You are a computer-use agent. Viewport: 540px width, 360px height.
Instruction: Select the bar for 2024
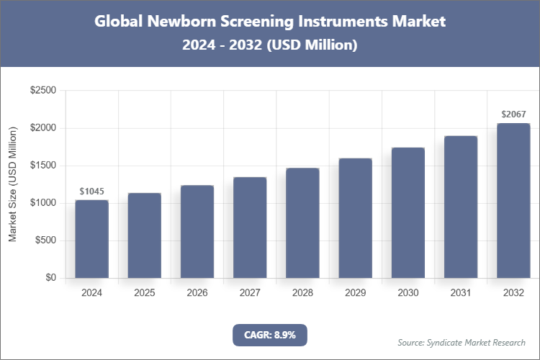point(92,239)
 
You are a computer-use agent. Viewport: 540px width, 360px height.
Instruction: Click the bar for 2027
point(250,228)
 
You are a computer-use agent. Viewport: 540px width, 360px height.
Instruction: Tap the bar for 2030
point(408,213)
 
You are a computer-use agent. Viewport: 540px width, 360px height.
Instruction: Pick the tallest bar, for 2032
point(513,201)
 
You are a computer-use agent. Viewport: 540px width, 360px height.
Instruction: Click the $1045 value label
point(92,192)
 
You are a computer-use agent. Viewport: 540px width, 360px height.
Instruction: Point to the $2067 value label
point(513,114)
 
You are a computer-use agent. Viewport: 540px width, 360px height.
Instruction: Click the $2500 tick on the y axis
point(42,91)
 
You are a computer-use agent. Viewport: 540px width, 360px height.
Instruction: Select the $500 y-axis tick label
point(45,240)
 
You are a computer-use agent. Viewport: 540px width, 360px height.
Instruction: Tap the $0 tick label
point(50,278)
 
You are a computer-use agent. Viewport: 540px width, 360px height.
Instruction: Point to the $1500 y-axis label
point(42,166)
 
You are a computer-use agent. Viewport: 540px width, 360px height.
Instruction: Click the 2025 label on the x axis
point(145,293)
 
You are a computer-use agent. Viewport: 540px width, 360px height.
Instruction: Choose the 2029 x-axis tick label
point(355,293)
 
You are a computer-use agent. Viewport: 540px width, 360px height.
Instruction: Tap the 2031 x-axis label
point(461,293)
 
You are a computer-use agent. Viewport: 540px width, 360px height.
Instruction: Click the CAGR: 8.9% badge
point(270,335)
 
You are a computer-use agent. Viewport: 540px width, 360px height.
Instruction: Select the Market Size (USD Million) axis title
point(13,184)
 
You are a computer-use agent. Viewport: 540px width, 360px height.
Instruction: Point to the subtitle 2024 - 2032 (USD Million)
point(270,45)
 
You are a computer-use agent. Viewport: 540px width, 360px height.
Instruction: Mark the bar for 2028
point(302,223)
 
